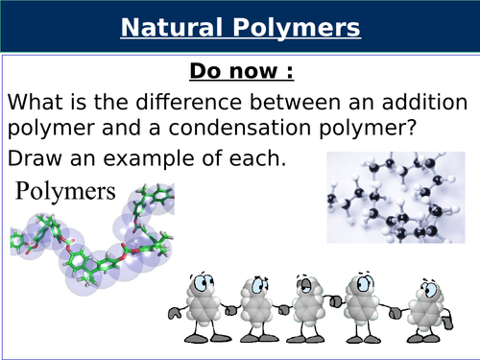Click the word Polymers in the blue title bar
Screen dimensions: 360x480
tap(300, 28)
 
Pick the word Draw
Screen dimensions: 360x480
tap(33, 157)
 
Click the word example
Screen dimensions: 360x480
tap(188, 157)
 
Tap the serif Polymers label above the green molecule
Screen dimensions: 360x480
tap(64, 190)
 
